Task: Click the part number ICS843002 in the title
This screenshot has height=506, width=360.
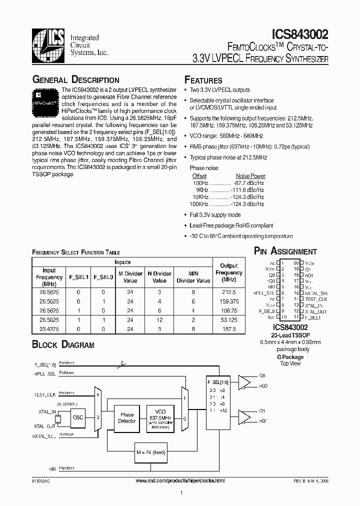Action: point(300,34)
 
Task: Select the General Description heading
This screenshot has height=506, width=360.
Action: point(75,80)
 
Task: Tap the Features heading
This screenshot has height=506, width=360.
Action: point(203,80)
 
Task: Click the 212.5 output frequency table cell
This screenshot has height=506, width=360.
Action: point(228,291)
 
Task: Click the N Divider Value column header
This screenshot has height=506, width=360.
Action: point(159,277)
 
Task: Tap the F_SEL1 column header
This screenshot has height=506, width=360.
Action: point(78,277)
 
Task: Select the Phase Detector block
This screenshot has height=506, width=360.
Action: point(127,418)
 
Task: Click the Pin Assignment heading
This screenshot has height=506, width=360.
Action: point(285,251)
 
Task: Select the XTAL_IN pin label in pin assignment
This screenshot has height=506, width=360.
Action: point(313,305)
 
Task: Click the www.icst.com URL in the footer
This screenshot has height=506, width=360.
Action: point(180,480)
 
